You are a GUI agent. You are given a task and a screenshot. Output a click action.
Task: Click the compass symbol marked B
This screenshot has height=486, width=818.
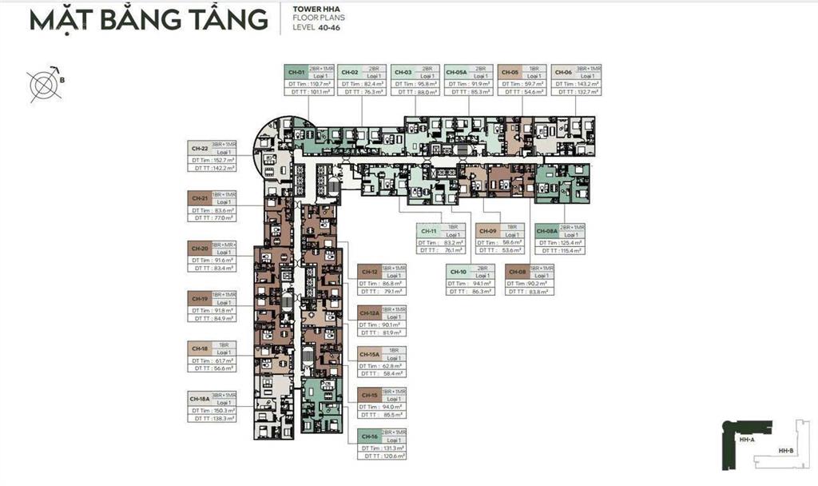43,83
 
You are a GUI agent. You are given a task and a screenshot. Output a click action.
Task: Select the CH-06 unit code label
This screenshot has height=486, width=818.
562,72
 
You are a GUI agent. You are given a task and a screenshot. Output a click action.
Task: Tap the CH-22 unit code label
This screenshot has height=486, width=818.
199,148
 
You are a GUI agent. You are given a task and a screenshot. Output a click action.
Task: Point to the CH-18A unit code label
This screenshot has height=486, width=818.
199,397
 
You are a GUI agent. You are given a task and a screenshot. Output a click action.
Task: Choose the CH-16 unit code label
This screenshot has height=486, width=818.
368,436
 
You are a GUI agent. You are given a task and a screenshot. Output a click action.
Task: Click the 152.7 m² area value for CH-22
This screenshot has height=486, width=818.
221,160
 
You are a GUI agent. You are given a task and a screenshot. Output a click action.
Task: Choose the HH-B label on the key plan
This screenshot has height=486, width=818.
785,451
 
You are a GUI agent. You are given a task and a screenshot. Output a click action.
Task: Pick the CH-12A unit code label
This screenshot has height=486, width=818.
369,313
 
